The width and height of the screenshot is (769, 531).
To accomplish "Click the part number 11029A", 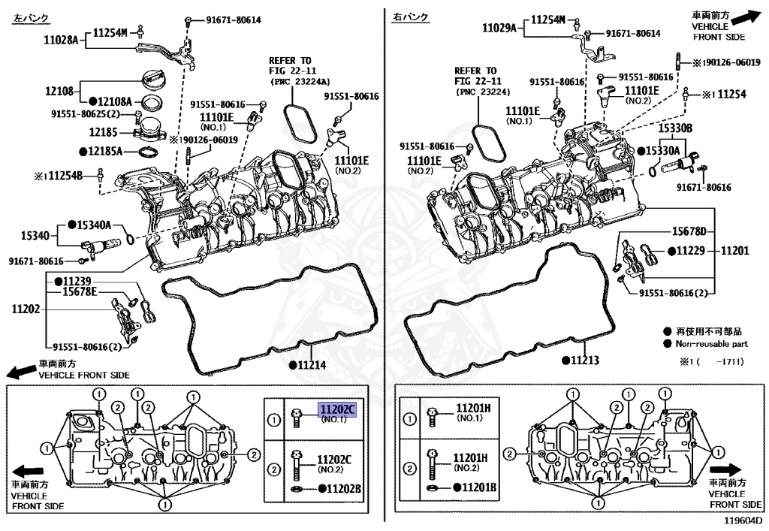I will pos(499,29).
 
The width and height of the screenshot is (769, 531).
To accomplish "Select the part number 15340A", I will pos(94,225).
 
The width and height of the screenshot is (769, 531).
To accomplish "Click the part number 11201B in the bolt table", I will pos(476,487).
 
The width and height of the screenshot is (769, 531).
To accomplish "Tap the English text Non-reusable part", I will pos(712,343).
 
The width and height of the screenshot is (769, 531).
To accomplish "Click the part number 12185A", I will pos(105,150).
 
